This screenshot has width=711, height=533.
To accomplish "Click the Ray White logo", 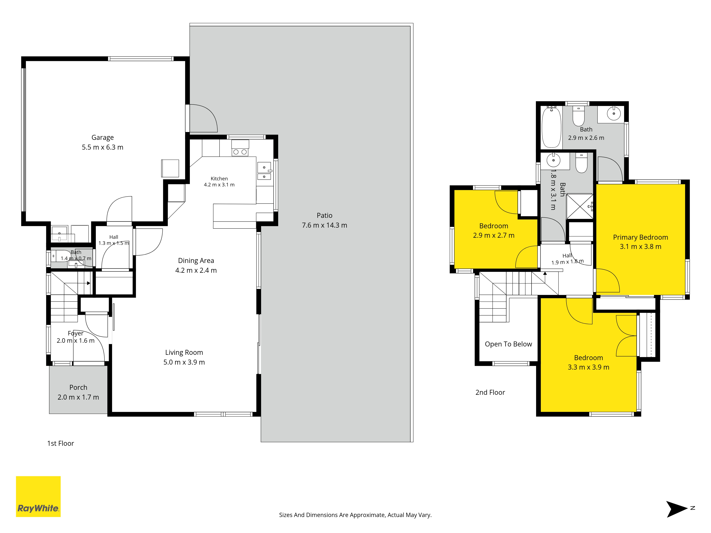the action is (38, 496).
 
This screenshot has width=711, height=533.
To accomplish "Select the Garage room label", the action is (103, 138).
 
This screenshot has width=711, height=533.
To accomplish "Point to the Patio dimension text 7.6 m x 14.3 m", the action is (324, 225).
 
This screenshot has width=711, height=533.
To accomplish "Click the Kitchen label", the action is (219, 179).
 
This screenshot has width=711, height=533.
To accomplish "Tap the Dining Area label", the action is (196, 261).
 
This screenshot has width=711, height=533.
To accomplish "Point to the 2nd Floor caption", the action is (490, 392).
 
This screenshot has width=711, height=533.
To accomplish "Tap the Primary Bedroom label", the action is (640, 237).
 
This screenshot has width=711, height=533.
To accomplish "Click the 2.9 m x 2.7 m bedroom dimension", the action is (494, 235).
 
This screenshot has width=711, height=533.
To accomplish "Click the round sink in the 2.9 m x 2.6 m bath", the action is (614, 113).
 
